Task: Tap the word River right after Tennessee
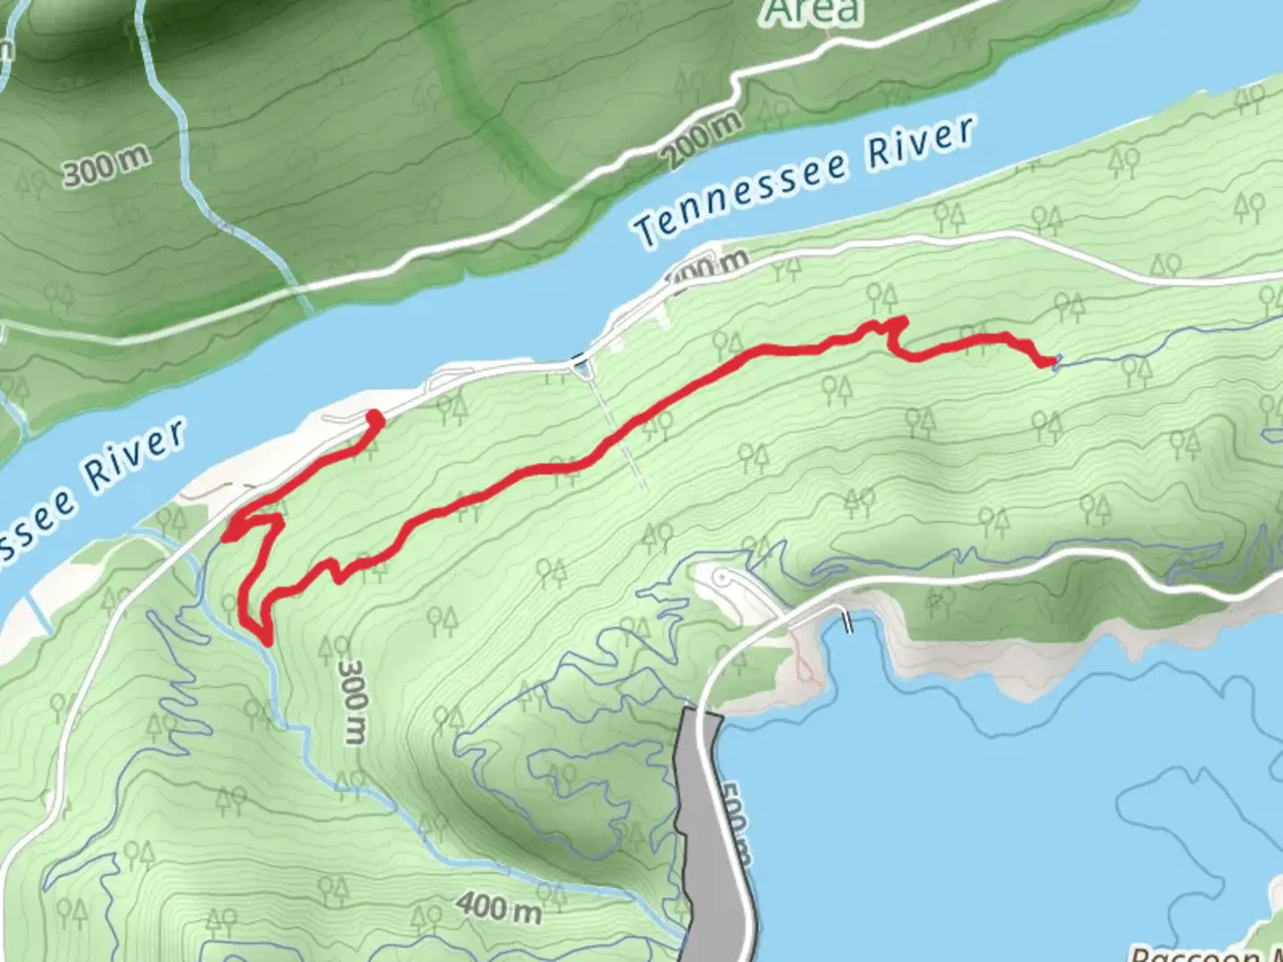921,143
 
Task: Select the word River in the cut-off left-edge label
135,456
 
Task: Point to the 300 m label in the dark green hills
105,167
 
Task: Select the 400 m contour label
499,907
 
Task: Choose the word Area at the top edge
813,12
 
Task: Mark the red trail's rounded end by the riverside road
375,417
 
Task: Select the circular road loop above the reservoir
723,579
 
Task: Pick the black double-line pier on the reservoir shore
846,621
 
